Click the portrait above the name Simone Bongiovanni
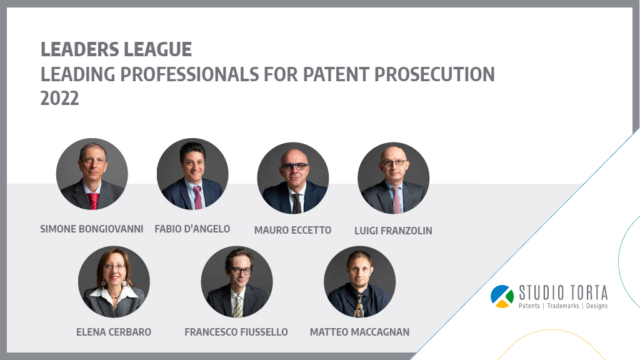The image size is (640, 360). (x=92, y=174)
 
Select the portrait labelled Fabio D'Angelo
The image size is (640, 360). (x=192, y=174)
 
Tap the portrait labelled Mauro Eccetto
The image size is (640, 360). (x=292, y=178)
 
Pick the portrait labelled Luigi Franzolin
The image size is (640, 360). (x=394, y=178)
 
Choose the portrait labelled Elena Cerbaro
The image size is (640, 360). (x=114, y=282)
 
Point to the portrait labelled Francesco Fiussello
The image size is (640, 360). (x=237, y=282)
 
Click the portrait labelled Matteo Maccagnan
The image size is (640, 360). (x=359, y=282)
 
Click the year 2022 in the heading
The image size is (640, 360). (x=59, y=99)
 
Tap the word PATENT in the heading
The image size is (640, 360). (x=336, y=74)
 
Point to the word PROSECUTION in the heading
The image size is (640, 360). (x=434, y=74)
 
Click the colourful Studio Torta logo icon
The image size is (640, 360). (x=502, y=296)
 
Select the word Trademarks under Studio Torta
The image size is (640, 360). (x=563, y=306)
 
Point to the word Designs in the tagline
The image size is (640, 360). (x=597, y=306)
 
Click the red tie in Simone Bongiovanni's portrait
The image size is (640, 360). (x=94, y=201)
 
